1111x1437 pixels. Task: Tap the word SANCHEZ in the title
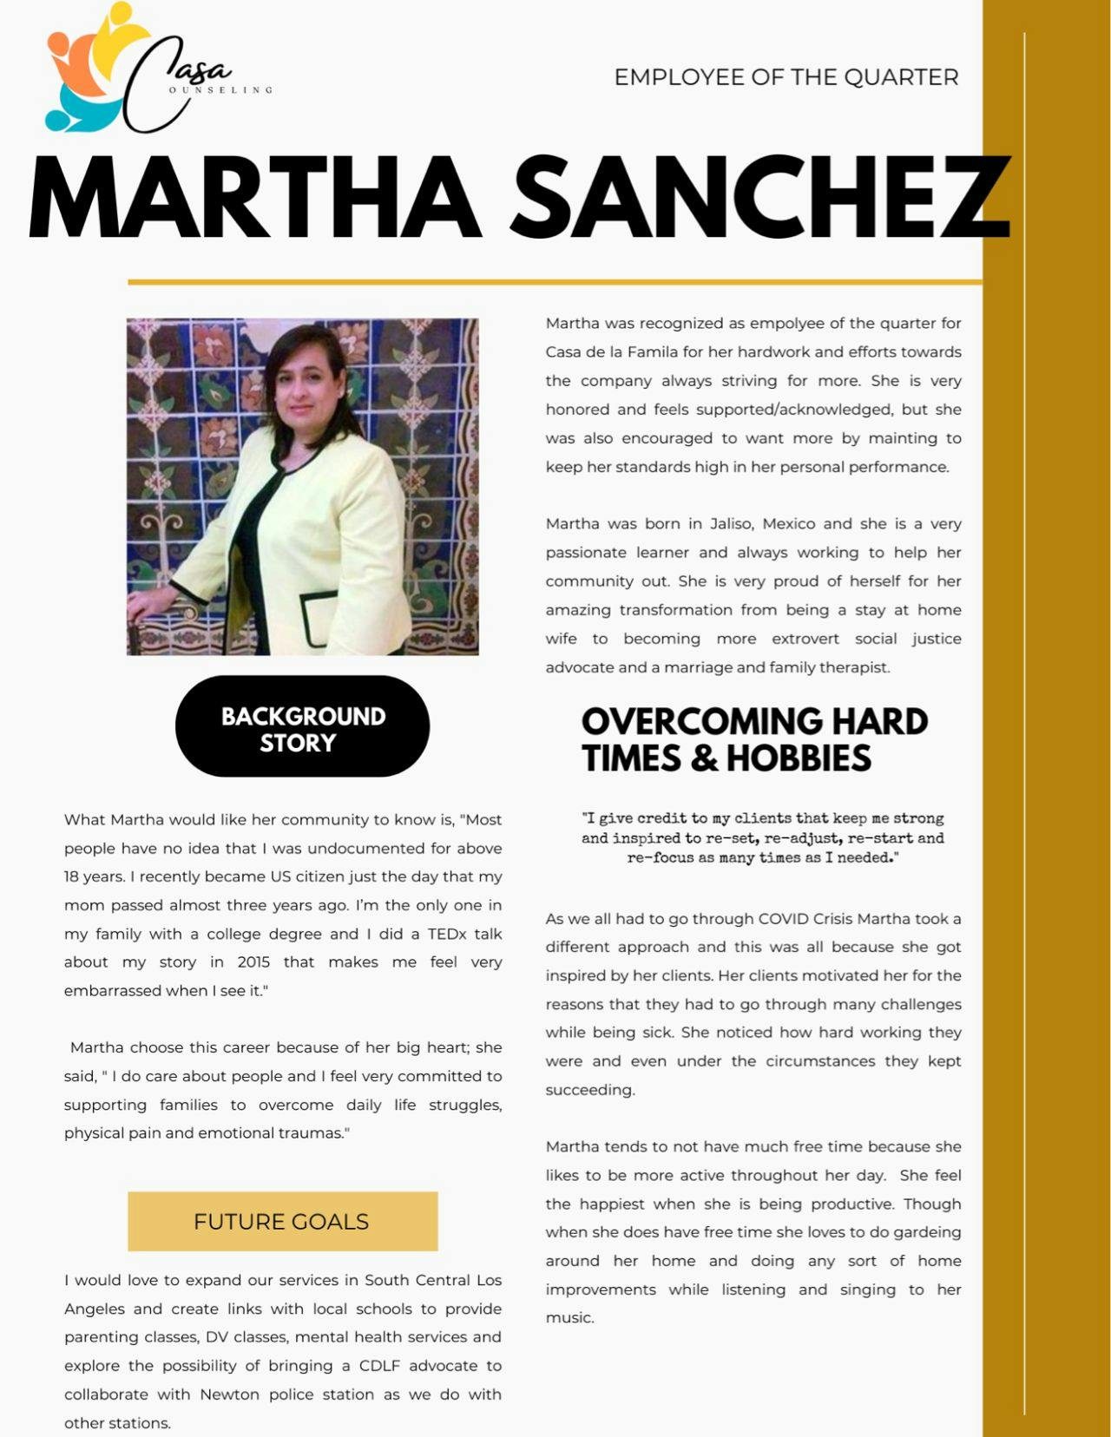coord(759,198)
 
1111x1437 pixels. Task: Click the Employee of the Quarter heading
coord(786,77)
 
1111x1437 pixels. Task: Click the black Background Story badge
coord(302,727)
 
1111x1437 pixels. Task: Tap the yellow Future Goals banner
coord(282,1221)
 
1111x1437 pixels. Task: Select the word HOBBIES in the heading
coord(799,758)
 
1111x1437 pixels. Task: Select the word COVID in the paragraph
coord(783,918)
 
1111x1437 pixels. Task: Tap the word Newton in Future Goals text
coord(229,1394)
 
